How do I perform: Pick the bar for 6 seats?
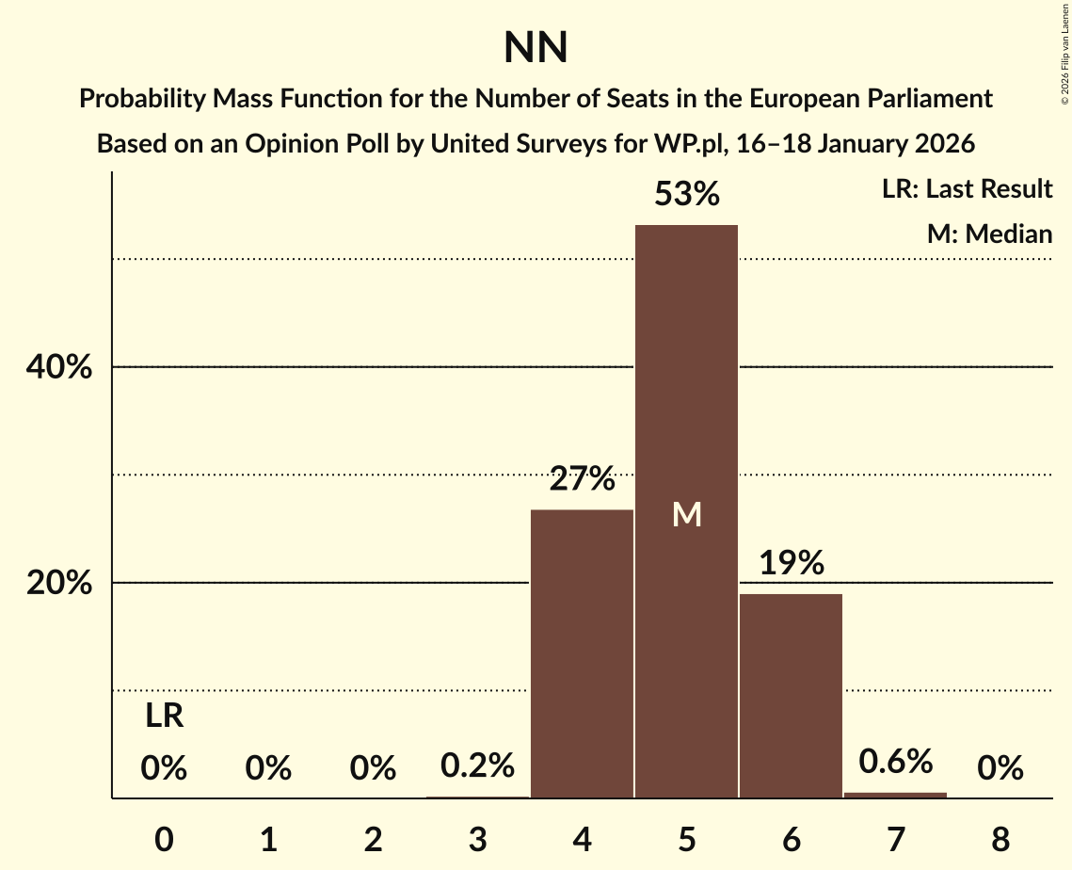click(791, 696)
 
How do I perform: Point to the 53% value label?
click(686, 195)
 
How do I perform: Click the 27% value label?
click(582, 480)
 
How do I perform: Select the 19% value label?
click(791, 564)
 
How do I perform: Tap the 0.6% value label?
click(895, 762)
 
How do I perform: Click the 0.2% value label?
click(477, 765)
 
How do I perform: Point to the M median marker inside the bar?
click(686, 514)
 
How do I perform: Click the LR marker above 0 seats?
click(164, 717)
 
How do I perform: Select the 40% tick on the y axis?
click(58, 367)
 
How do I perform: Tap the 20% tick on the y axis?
click(58, 584)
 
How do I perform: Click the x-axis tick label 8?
click(1000, 839)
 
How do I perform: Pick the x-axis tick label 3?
click(477, 839)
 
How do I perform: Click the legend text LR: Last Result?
click(967, 189)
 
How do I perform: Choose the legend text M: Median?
click(988, 234)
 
